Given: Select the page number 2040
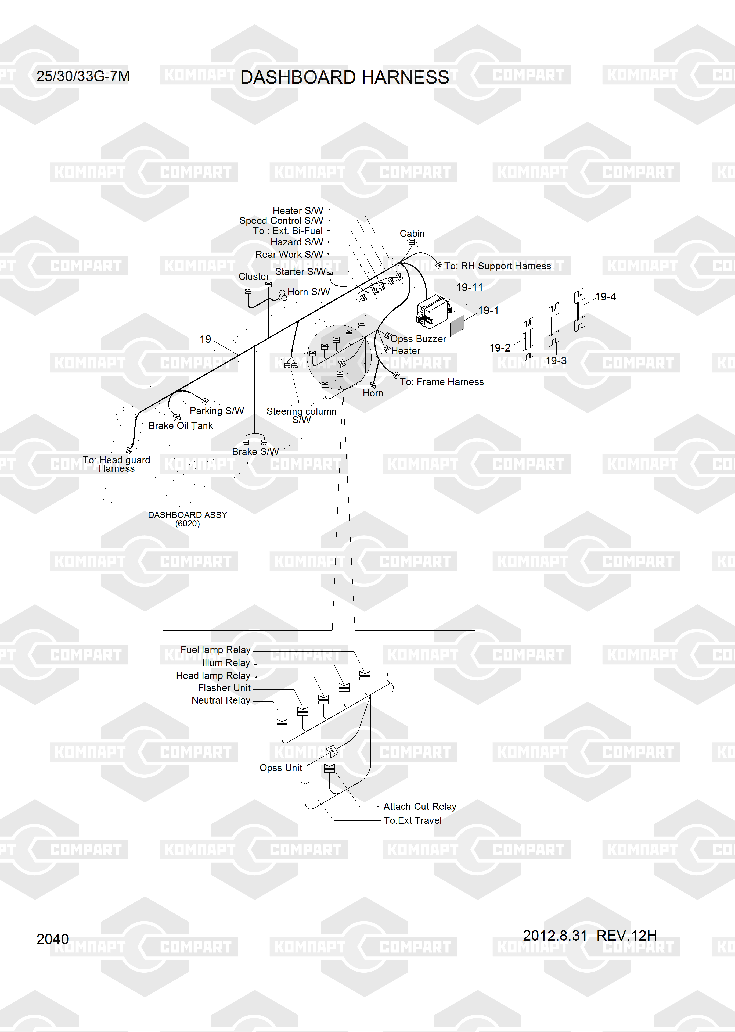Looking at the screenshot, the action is [x=52, y=939].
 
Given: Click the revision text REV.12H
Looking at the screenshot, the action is [x=626, y=935].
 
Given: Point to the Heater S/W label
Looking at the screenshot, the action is [x=298, y=210].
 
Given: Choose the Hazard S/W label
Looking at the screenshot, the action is [x=297, y=242].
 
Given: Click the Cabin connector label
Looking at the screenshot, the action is [x=412, y=234].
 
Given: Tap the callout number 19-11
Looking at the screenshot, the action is [x=469, y=287].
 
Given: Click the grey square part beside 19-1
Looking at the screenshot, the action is [x=457, y=325].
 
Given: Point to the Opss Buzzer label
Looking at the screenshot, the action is [x=418, y=339].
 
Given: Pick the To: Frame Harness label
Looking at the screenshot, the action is [x=442, y=382].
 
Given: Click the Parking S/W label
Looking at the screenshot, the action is [x=217, y=411].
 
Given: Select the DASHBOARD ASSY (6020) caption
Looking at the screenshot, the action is [x=187, y=519].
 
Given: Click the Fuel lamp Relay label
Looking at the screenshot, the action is [x=215, y=650].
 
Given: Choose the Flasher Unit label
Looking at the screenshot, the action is [x=224, y=688].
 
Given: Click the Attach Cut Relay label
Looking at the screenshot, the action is [x=420, y=806].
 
